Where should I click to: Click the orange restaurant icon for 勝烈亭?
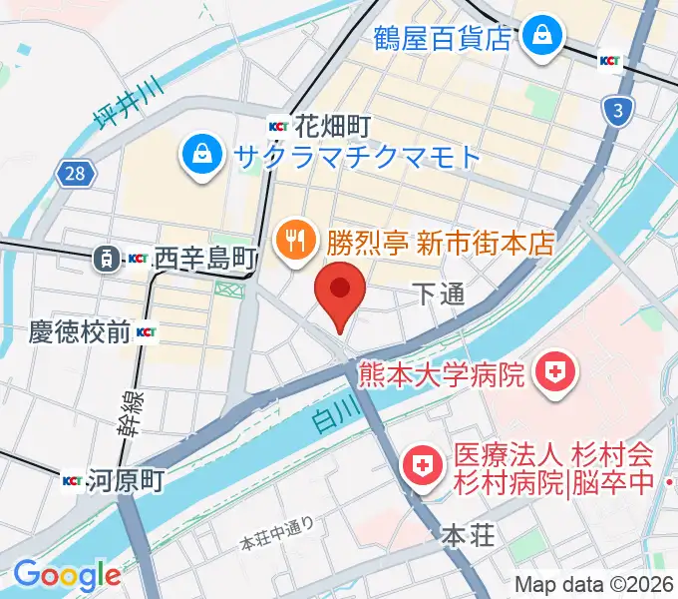pyautogui.click(x=292, y=240)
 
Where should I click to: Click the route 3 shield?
pyautogui.click(x=618, y=111)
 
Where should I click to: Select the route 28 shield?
pyautogui.click(x=76, y=175)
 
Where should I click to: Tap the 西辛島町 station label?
pyautogui.click(x=206, y=259)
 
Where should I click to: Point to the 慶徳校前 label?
pyautogui.click(x=80, y=331)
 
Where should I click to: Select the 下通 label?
pyautogui.click(x=439, y=293)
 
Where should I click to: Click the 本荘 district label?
pyautogui.click(x=468, y=536)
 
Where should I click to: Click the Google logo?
pyautogui.click(x=67, y=575)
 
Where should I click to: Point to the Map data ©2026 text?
pyautogui.click(x=594, y=584)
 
